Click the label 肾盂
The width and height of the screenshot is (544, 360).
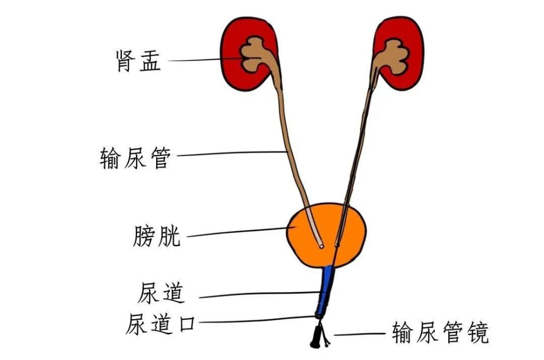coord(138,61)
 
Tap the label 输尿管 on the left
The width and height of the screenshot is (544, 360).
coord(135,158)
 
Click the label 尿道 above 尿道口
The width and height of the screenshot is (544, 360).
coord(160,293)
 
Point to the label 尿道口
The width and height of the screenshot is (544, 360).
coord(160,324)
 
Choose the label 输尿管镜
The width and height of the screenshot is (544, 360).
coord(441,332)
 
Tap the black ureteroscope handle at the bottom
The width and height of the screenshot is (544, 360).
coord(316,337)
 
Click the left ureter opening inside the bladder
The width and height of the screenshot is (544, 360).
coord(322,246)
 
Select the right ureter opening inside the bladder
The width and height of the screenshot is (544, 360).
coord(337,245)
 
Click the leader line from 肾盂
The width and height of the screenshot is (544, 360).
coord(206,60)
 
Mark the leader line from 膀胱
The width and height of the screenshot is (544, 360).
coord(237,232)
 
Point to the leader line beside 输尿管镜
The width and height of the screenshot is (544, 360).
coord(360,334)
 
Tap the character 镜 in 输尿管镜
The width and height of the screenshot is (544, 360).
coord(478,332)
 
